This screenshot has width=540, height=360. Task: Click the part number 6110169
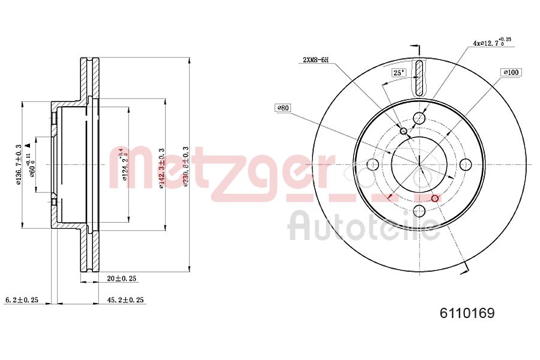pyautogui.click(x=467, y=313)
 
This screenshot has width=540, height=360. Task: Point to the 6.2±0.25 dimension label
pyautogui.click(x=22, y=300)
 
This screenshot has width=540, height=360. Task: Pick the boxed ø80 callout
pyautogui.click(x=283, y=108)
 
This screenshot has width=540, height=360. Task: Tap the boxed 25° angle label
pyautogui.click(x=398, y=73)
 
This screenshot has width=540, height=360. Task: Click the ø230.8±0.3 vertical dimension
pyautogui.click(x=187, y=166)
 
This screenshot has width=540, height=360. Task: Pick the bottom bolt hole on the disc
pyautogui.click(x=419, y=211)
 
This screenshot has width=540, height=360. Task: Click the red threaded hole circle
pyautogui.click(x=435, y=198)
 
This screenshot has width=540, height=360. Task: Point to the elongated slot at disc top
pyautogui.click(x=419, y=77)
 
